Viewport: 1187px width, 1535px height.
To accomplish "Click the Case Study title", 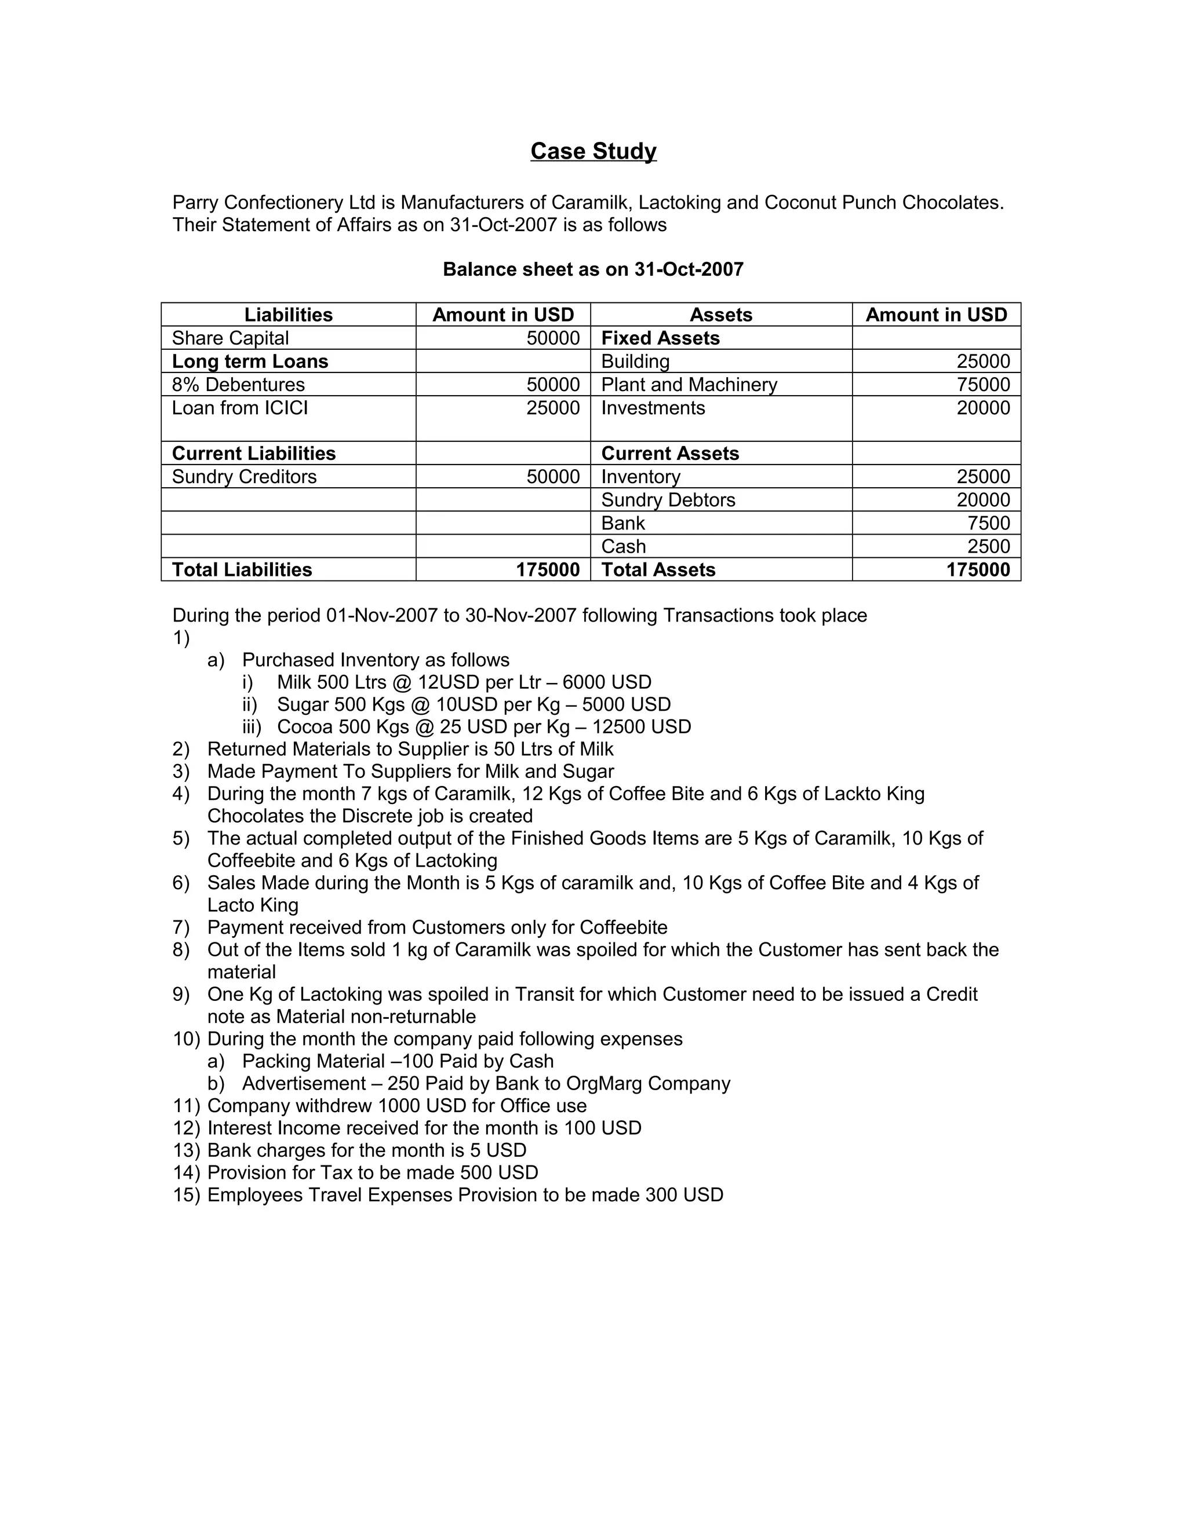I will (593, 151).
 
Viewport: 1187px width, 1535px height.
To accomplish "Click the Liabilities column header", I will (288, 315).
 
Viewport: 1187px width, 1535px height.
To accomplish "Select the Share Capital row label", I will (230, 338).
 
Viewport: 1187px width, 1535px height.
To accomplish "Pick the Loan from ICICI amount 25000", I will (553, 408).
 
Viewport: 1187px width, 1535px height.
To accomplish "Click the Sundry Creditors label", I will (244, 477).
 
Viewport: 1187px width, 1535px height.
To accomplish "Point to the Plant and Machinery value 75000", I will (982, 385).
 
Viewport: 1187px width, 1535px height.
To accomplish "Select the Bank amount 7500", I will (988, 523).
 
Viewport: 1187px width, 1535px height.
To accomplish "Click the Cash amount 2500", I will (988, 546).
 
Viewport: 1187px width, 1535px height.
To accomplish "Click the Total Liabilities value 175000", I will (547, 569).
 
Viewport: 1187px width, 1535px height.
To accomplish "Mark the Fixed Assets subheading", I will (660, 338).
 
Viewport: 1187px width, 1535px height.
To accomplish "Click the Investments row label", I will (653, 408).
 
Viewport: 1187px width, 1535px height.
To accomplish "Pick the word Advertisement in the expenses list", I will (304, 1083).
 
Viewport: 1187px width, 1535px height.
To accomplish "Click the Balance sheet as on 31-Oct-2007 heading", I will (593, 269).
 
